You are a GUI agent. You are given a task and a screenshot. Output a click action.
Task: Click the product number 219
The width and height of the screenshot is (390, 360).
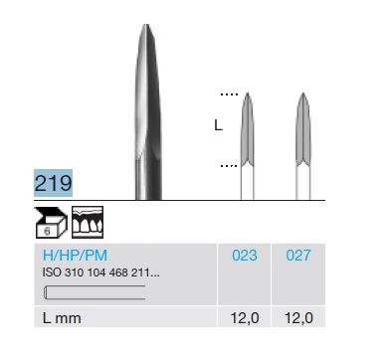[x=53, y=183]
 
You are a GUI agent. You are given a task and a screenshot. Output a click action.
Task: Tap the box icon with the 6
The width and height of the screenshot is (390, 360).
[x=51, y=222]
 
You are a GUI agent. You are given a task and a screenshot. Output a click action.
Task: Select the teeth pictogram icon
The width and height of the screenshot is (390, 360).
[x=88, y=222]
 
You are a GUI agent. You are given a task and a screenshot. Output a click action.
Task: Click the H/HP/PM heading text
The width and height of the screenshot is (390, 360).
[x=75, y=256]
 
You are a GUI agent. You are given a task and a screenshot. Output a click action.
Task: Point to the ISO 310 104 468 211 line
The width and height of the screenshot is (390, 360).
[x=101, y=272]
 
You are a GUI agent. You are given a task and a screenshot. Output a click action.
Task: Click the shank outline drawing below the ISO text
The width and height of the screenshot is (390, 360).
[x=95, y=292]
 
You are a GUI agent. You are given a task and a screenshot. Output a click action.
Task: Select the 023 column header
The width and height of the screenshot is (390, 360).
[x=245, y=256]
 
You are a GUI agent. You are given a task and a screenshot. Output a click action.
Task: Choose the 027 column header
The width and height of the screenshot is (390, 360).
[x=298, y=256]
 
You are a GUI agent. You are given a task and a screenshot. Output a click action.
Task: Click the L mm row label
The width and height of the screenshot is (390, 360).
[x=62, y=318]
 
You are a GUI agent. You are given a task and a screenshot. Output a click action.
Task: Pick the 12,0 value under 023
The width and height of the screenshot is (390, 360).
[x=245, y=318]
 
